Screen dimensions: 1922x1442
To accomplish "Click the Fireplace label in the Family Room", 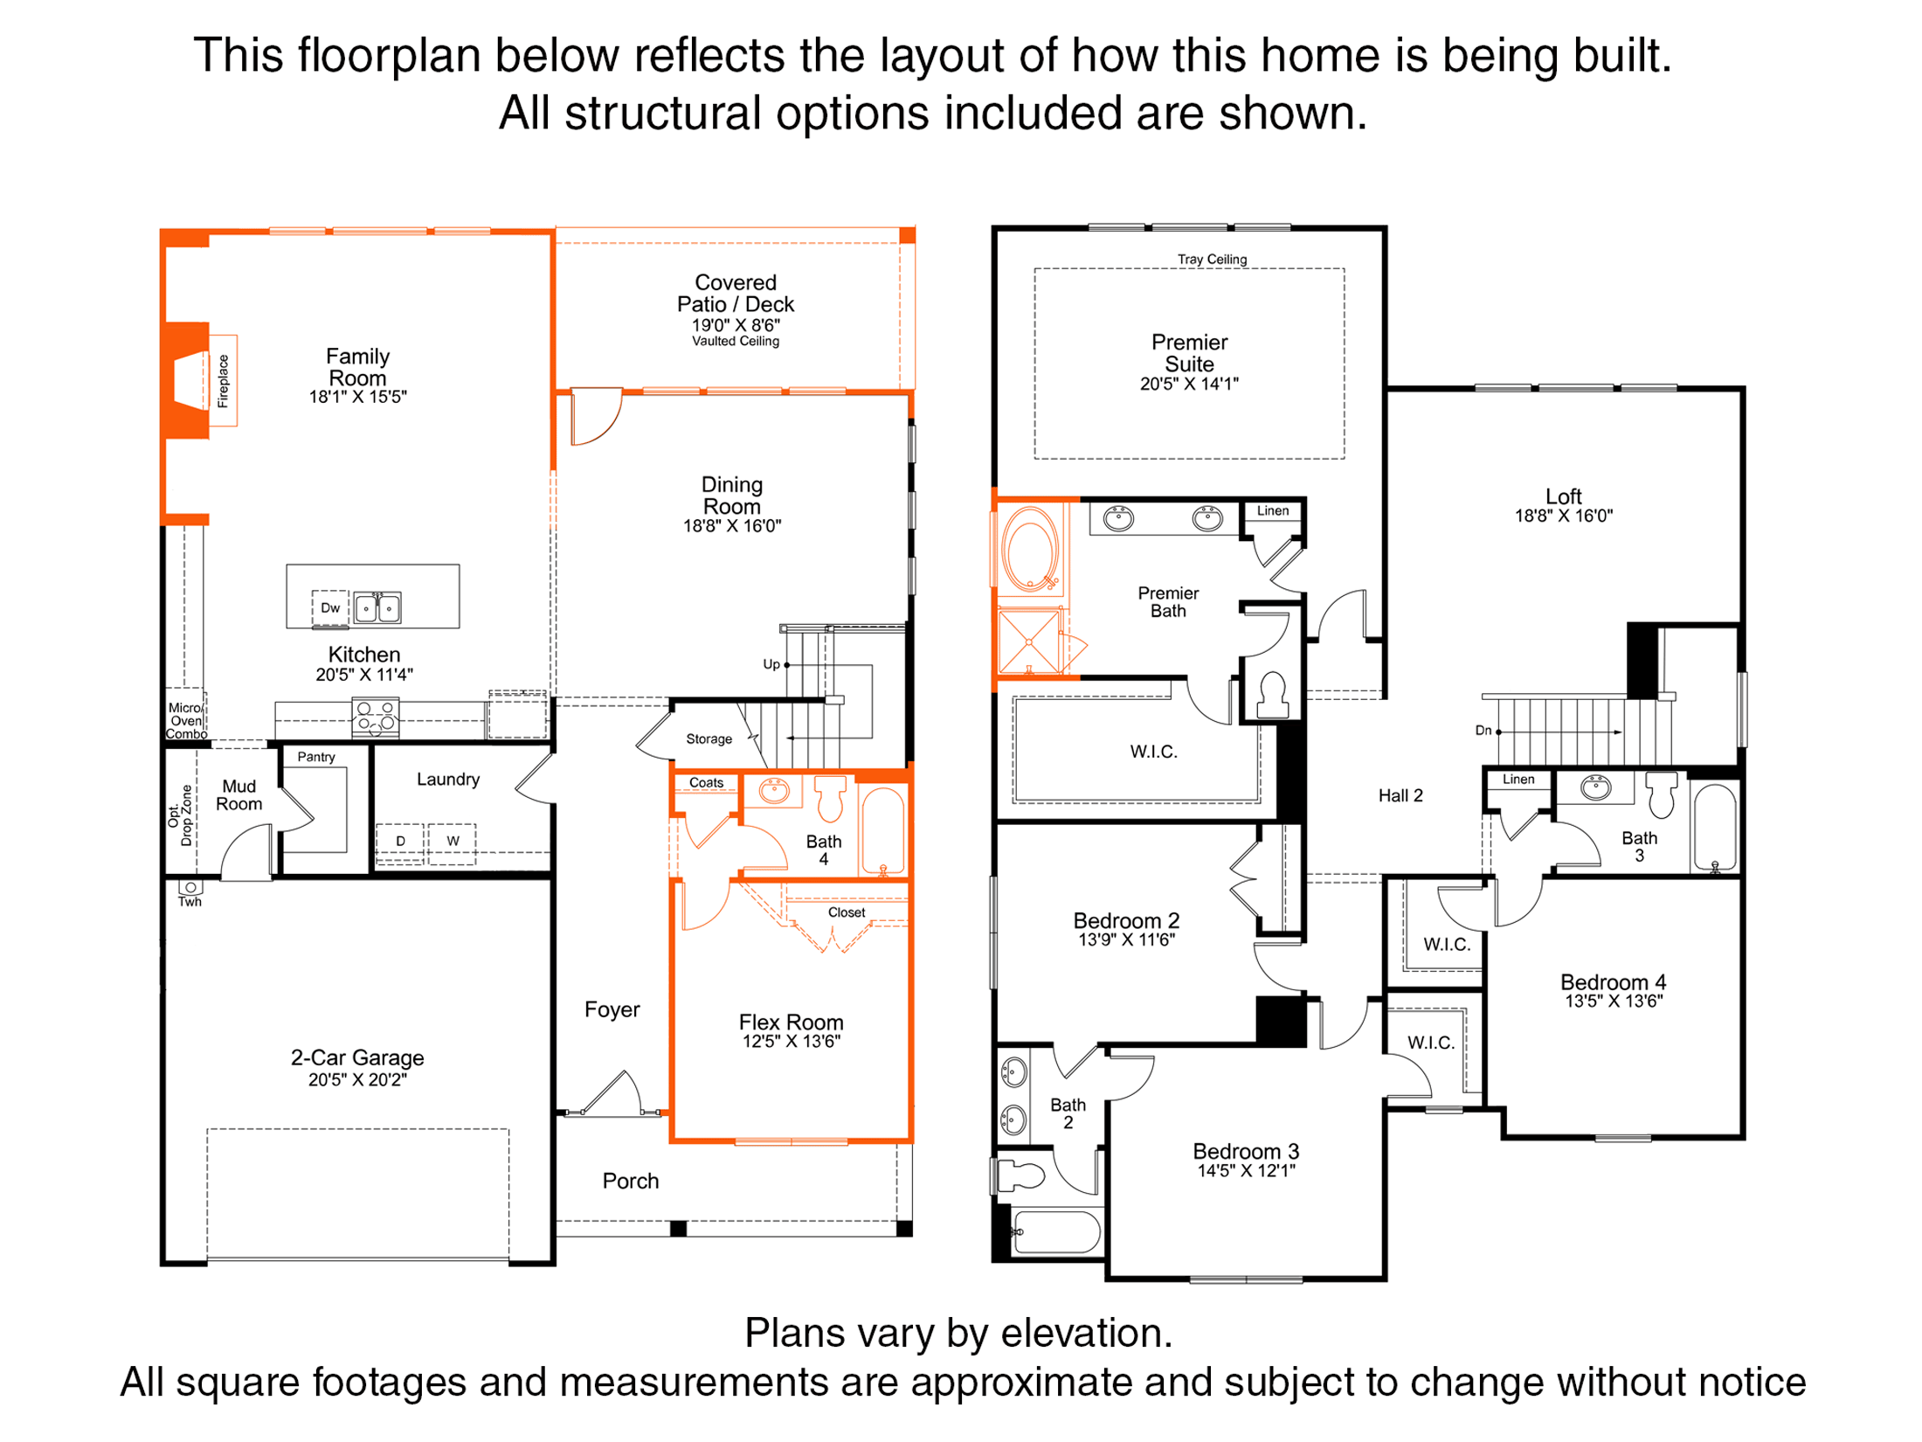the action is point(223,381).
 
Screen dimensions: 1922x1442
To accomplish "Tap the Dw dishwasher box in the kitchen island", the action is point(330,608).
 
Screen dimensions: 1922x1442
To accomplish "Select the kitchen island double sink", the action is point(377,607).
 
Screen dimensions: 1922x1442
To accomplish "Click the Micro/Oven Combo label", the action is point(186,721).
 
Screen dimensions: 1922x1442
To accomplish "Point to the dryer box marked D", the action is point(400,842).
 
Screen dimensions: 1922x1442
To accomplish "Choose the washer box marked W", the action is point(453,842).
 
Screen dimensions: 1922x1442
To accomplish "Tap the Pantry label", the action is point(316,757).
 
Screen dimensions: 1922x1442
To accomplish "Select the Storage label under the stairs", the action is point(709,739).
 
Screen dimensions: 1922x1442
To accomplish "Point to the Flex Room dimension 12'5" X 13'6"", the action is point(792,1042).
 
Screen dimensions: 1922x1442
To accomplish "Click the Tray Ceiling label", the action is point(1213,260).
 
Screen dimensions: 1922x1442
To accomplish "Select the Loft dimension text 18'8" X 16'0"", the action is point(1564,516).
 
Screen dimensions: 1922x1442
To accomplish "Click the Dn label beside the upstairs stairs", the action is point(1483,731).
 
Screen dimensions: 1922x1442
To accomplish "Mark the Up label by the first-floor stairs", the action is point(771,665).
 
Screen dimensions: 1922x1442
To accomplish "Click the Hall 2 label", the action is point(1400,796).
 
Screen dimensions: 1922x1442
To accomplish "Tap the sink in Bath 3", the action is point(1596,787).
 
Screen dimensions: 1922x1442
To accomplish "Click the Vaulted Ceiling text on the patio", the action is point(736,342).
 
